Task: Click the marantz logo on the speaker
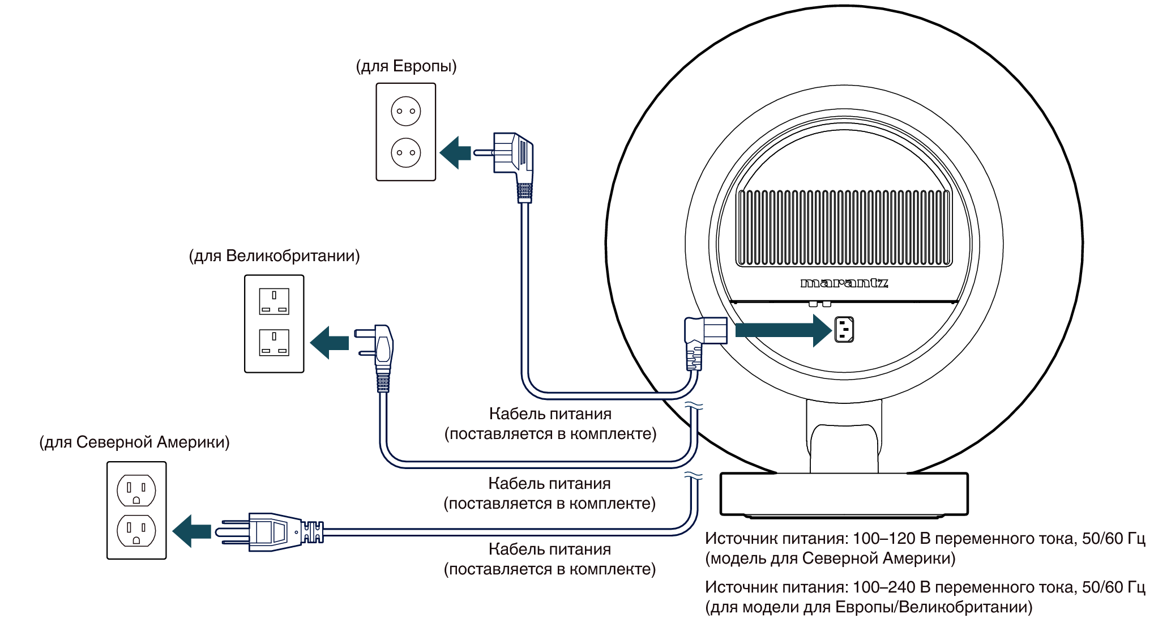844,283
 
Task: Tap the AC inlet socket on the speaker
844,329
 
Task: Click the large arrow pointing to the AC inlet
784,330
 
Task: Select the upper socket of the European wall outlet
406,111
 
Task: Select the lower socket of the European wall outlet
406,152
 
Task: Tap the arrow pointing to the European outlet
455,152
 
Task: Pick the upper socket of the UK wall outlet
274,301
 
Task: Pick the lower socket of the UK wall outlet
274,342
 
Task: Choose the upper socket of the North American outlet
136,490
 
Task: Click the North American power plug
269,532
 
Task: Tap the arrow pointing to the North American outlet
191,531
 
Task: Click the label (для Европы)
406,66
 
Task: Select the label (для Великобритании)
274,256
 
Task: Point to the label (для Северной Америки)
134,442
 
